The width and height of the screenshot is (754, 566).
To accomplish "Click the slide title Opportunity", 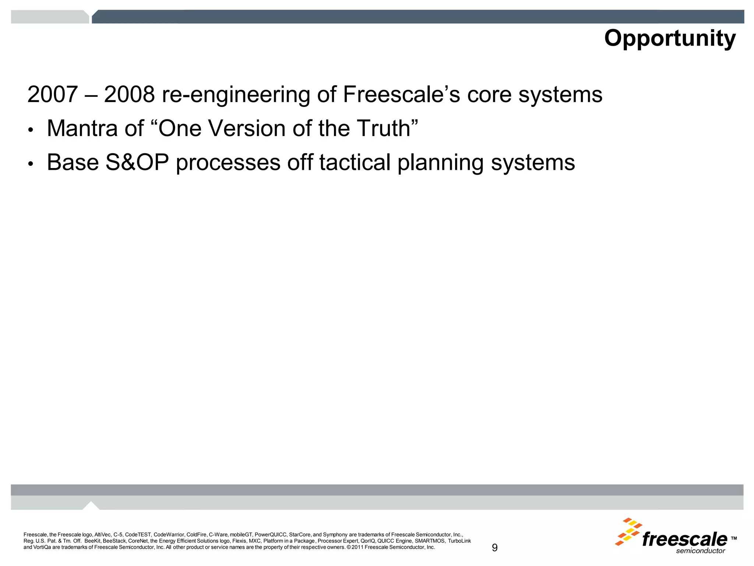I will click(x=670, y=38).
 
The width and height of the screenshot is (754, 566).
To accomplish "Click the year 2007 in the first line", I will click(x=52, y=94).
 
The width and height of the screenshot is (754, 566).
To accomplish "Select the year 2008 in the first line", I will click(x=129, y=94).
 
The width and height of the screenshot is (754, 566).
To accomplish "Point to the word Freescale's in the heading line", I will click(x=401, y=94).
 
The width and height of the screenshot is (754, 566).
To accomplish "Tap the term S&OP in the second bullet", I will click(x=137, y=163).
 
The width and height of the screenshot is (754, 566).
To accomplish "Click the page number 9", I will click(x=494, y=548).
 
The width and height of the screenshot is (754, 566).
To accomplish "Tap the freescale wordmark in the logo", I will click(x=684, y=539).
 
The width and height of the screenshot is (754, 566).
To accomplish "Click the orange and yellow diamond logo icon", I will click(x=628, y=531).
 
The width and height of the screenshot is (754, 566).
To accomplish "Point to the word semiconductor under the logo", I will click(x=700, y=551).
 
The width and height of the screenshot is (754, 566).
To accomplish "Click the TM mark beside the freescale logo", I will click(x=733, y=538).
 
